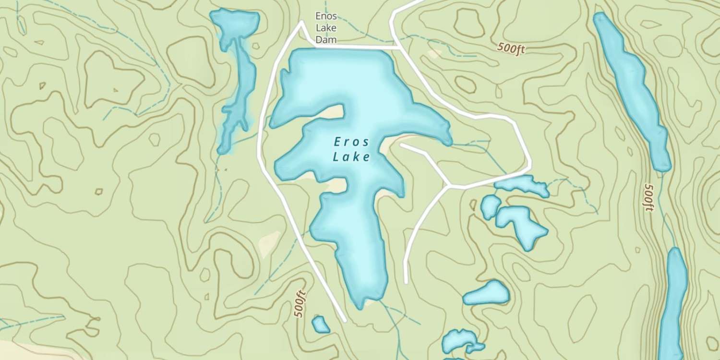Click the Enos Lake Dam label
[x=326, y=28]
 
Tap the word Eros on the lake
[x=352, y=142]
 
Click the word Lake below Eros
[x=352, y=157]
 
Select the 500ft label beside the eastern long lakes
[x=649, y=197]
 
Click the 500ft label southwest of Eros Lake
[x=300, y=304]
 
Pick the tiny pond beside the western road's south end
[x=320, y=325]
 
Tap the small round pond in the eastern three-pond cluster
[x=490, y=207]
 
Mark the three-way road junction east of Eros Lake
[x=448, y=185]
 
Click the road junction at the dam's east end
[x=400, y=48]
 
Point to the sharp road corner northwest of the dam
[x=301, y=22]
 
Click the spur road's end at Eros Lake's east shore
[x=400, y=144]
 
